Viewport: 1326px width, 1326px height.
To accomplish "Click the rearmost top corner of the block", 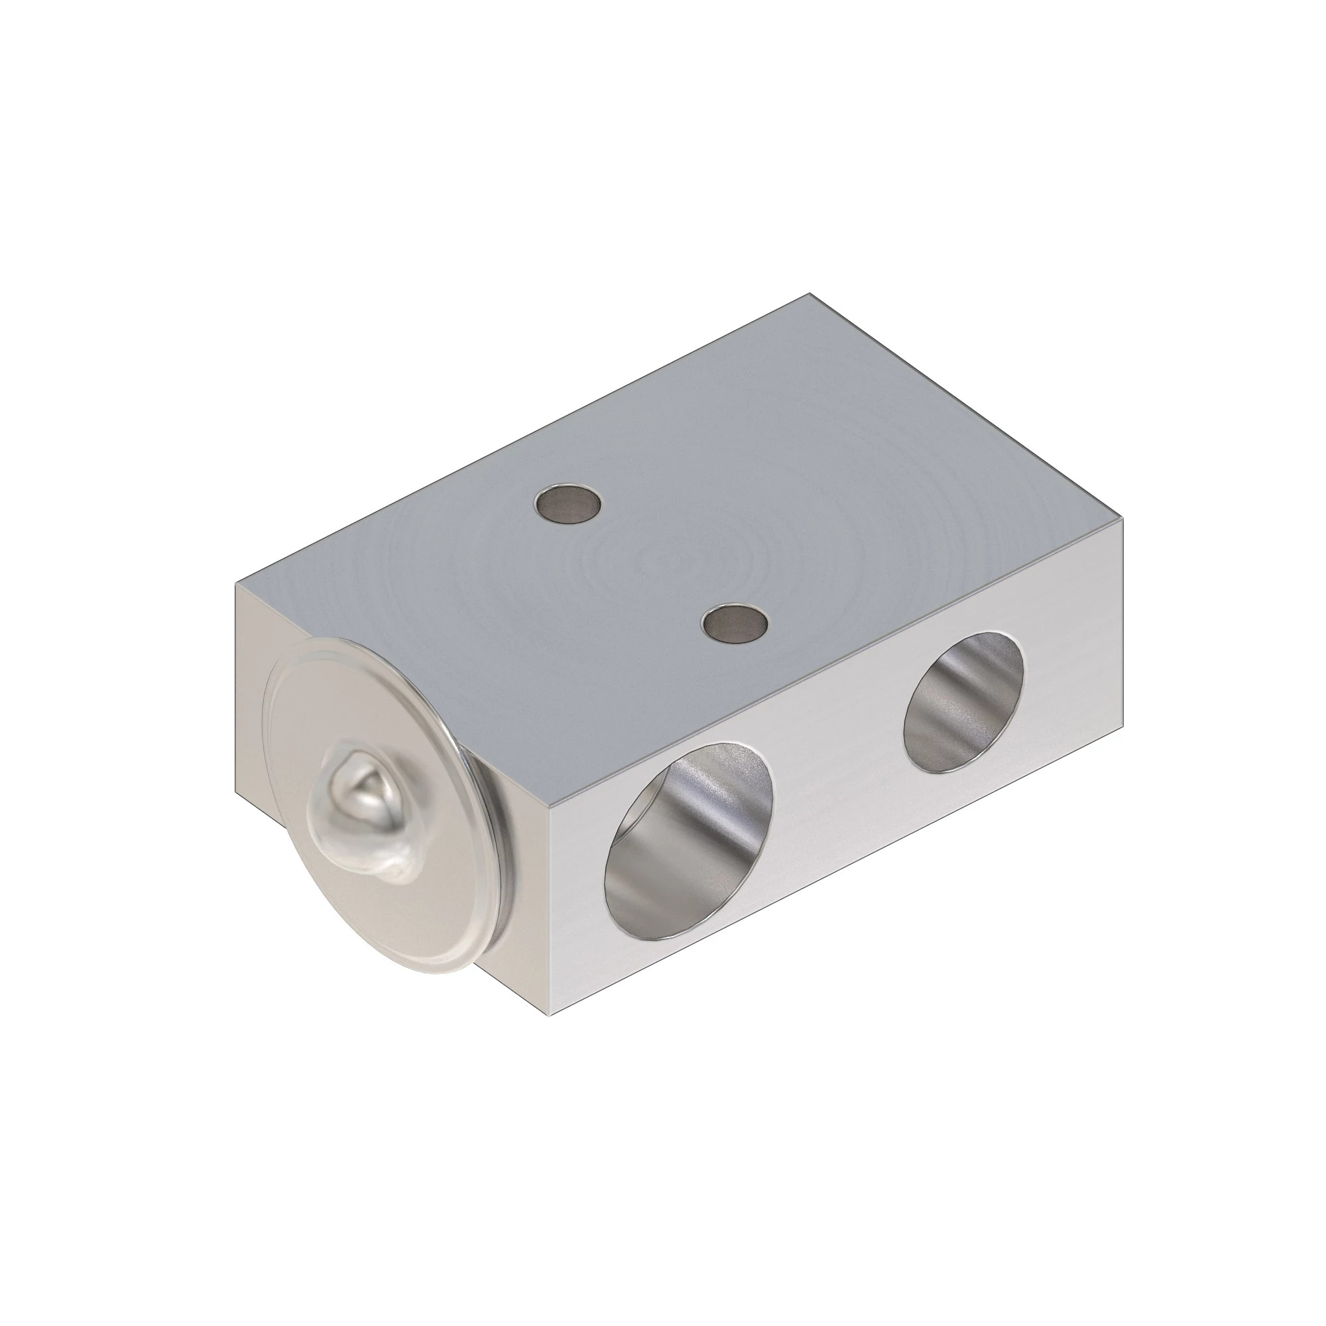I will pyautogui.click(x=810, y=294).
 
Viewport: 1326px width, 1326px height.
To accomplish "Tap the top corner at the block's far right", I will pyautogui.click(x=1124, y=520).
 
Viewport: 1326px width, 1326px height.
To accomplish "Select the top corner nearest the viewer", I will pyautogui.click(x=550, y=807).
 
